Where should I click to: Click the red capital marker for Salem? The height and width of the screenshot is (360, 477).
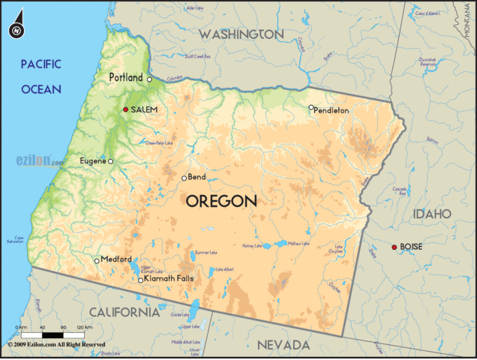(x=126, y=109)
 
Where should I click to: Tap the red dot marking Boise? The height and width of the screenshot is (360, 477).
(x=394, y=247)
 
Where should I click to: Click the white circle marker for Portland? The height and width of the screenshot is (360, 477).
(x=149, y=79)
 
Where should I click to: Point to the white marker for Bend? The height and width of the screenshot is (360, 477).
(x=184, y=178)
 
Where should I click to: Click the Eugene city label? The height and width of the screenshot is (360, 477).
(x=92, y=160)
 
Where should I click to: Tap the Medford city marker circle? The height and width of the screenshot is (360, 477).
(x=97, y=260)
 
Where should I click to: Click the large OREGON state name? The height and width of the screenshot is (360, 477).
(x=221, y=201)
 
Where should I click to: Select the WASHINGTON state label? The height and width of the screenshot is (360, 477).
(x=241, y=34)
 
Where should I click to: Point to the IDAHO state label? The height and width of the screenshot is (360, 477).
(x=431, y=214)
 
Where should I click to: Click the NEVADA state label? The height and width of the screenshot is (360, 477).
(x=283, y=344)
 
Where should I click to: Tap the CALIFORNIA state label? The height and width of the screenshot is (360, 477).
(x=124, y=311)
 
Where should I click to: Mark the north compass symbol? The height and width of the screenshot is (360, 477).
(x=16, y=30)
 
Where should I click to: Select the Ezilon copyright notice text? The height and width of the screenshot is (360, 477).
(x=56, y=343)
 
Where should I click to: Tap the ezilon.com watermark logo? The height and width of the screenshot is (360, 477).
(x=39, y=160)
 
